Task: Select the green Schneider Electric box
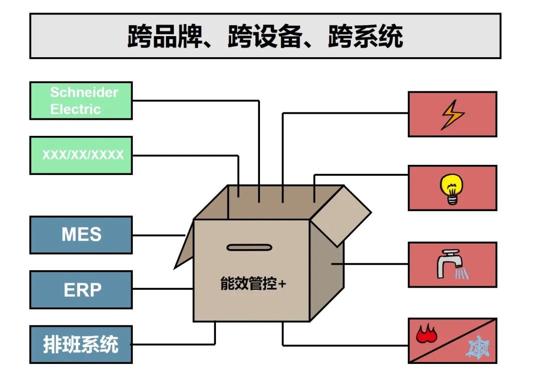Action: (81, 101)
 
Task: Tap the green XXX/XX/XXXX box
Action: (81, 155)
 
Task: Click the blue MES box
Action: (81, 235)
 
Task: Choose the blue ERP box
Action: (81, 290)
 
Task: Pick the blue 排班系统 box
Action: (81, 344)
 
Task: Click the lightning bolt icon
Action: (452, 114)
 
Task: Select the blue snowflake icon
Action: (478, 347)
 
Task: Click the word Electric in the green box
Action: (75, 109)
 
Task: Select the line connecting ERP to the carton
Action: (163, 289)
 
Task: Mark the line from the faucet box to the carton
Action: (371, 264)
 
